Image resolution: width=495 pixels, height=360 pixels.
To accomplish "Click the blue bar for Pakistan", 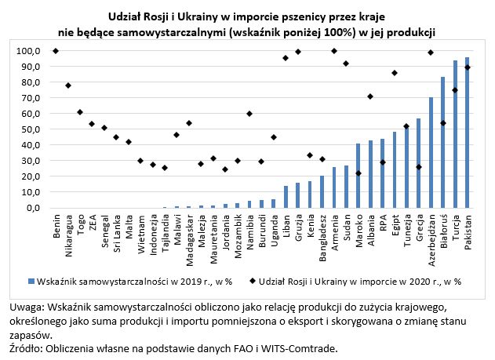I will (x=468, y=133).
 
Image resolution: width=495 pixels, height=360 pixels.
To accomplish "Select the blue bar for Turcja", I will (x=456, y=134).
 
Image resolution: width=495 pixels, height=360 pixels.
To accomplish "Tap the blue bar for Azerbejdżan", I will (x=431, y=153).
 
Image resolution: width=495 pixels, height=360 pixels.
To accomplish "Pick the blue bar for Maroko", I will (x=359, y=176).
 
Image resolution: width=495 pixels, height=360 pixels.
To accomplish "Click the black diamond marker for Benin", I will (x=56, y=51).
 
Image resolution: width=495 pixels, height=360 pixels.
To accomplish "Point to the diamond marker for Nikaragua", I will (x=68, y=85).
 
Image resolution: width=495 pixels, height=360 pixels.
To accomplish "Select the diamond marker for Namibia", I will (x=249, y=114).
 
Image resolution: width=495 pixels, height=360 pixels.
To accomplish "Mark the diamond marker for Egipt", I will (x=395, y=73).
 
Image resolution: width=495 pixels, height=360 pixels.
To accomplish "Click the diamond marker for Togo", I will (x=80, y=112).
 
